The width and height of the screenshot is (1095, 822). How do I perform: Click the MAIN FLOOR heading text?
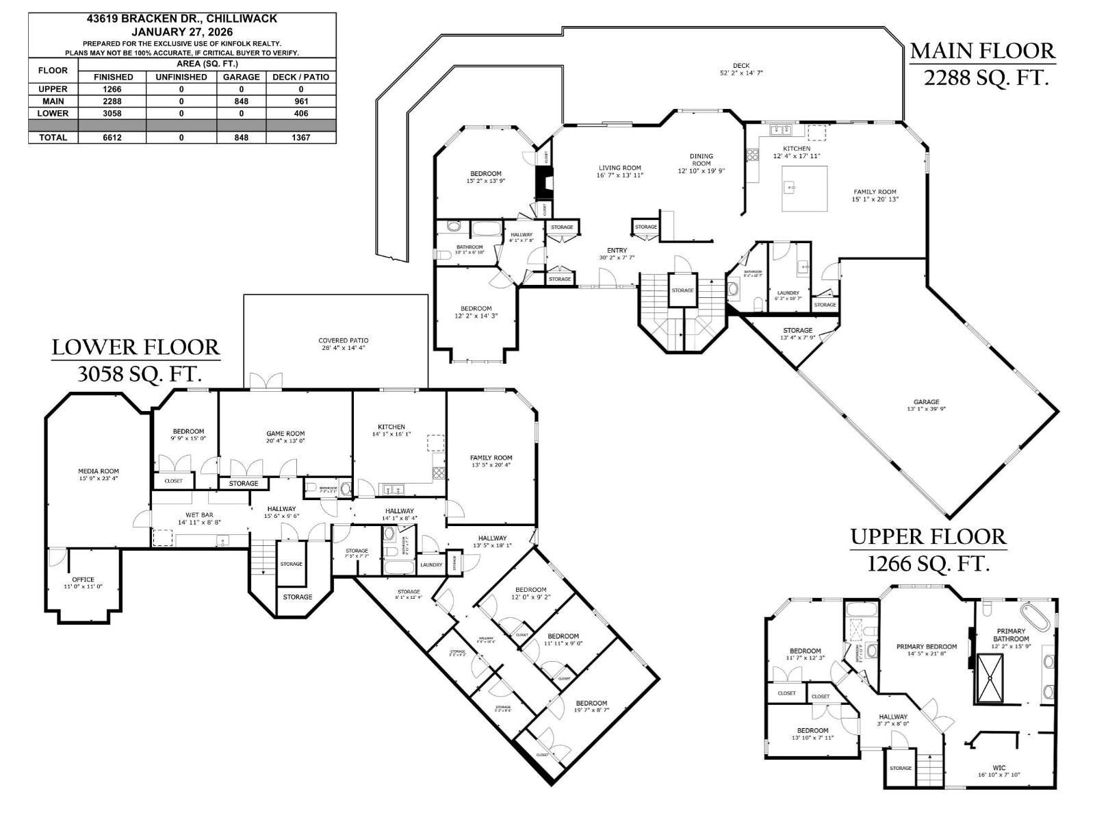coord(983,51)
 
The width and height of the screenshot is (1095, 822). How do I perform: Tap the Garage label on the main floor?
coord(926,402)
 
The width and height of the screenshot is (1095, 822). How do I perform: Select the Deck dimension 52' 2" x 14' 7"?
coord(741,73)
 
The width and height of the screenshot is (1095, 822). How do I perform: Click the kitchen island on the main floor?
coord(804,188)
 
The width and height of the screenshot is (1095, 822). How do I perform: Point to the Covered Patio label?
coord(344,340)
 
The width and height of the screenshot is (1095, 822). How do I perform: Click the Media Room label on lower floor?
coord(99,471)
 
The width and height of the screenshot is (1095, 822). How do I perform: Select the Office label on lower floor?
coord(83,580)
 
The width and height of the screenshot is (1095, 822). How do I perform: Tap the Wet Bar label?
coord(199,514)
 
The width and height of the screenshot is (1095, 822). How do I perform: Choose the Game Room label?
coord(285,434)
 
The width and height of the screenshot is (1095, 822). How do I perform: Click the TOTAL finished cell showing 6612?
coord(113,137)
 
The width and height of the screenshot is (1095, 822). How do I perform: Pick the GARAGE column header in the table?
coord(241,77)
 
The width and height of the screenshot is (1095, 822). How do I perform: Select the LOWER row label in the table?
coord(53,113)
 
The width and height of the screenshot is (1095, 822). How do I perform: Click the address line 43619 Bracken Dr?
coord(182,19)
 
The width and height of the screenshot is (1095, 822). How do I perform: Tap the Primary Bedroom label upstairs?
coord(927,647)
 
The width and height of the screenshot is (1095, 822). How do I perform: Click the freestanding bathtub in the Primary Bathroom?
coord(1035,616)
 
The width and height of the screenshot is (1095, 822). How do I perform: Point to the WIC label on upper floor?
coord(999,768)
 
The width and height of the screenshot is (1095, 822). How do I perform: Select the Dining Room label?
coord(701,160)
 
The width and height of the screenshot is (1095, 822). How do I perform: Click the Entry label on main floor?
coord(617,251)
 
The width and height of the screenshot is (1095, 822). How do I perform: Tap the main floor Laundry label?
coord(788,293)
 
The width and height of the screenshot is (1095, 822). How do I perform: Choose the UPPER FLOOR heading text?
coord(928,536)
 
